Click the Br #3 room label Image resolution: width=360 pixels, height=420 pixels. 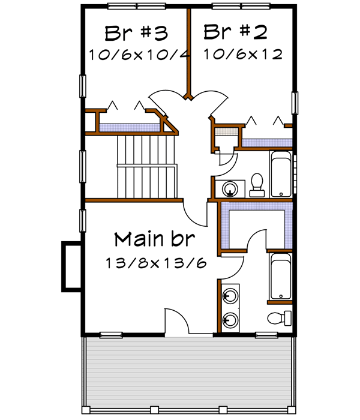(136, 31)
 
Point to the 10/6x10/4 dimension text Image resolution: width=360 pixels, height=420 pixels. (139, 55)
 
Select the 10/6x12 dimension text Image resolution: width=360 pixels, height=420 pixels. (242, 55)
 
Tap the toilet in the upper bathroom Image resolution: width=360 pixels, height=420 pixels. (257, 185)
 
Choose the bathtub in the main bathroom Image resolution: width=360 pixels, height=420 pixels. (280, 277)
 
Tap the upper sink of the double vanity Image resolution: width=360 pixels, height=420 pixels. (229, 296)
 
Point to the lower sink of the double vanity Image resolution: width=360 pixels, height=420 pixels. (229, 320)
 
